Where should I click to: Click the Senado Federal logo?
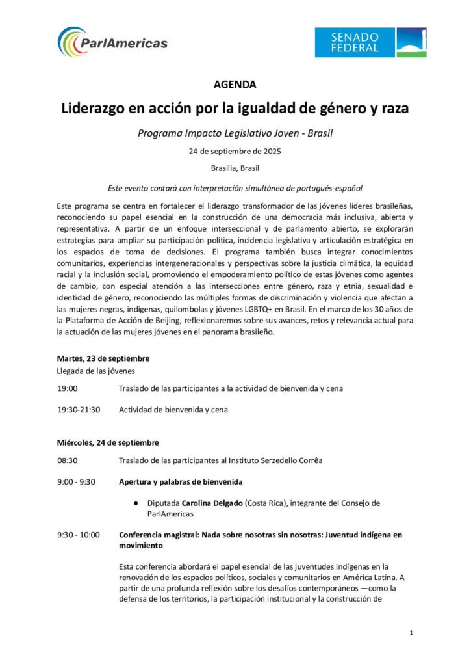tap(370, 42)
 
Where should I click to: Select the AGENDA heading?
tap(235, 85)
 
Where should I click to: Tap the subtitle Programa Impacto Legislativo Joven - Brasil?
tap(235, 133)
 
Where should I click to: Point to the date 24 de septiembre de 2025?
tap(235, 152)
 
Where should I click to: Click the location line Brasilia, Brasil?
tap(235, 168)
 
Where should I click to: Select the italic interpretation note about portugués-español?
tap(235, 187)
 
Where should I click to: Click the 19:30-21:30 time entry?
tap(79, 410)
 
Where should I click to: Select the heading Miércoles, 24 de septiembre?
tap(107, 443)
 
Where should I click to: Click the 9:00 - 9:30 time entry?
tap(76, 482)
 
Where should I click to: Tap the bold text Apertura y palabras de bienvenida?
tap(181, 482)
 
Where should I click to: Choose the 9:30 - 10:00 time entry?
tap(78, 535)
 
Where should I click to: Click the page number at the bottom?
tap(412, 633)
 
